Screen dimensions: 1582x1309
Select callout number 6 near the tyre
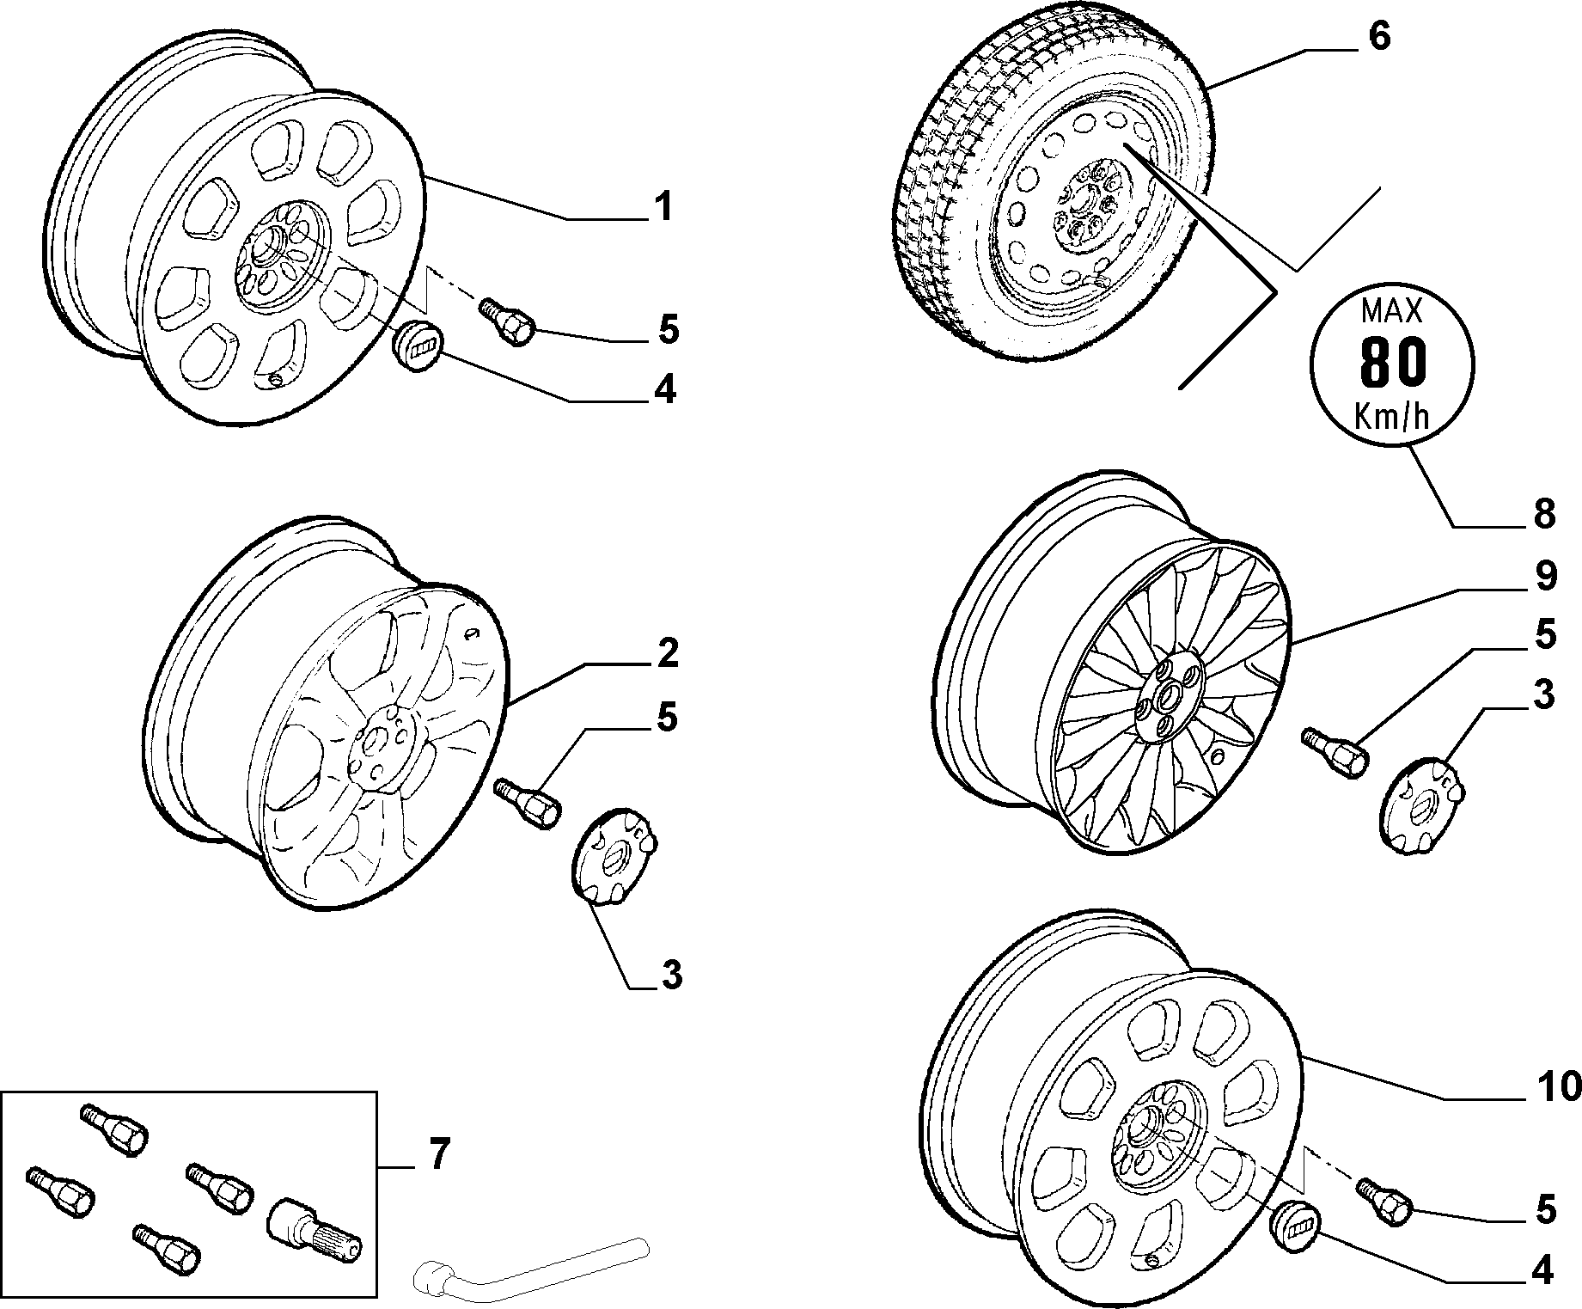pos(1377,37)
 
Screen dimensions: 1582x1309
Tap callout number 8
pos(1544,514)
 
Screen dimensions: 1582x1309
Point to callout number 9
pos(1545,576)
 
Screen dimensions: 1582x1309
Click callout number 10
pos(1557,1087)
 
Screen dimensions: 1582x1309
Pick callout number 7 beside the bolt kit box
pos(438,1154)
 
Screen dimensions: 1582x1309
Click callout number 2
pos(668,654)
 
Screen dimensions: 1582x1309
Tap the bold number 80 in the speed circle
pos(1392,362)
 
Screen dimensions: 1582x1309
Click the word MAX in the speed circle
pos(1392,309)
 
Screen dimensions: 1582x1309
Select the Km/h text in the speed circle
pos(1391,416)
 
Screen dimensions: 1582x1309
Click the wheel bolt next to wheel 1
pos(507,321)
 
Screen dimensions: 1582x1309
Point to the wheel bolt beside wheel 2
pos(528,801)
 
